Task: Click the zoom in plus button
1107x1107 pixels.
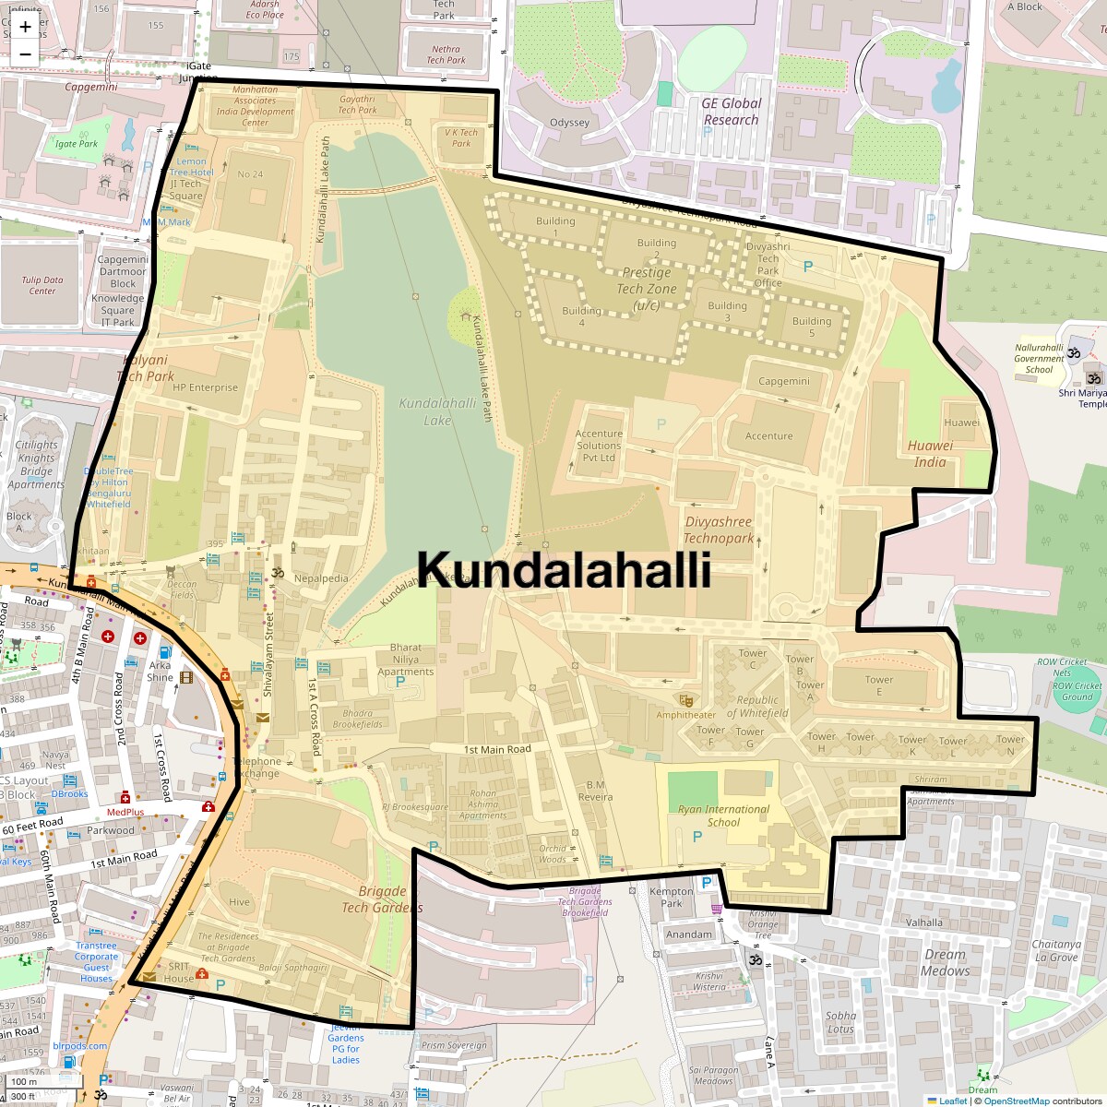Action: coord(25,27)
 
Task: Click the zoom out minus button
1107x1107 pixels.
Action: coord(25,54)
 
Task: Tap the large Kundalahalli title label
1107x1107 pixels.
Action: coord(564,569)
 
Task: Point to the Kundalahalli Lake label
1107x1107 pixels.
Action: coord(437,411)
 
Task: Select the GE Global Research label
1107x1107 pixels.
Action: coord(731,112)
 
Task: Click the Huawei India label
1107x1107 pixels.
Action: coord(930,453)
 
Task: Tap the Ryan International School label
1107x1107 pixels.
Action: coord(723,815)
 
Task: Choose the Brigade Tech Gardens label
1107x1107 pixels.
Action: coord(382,899)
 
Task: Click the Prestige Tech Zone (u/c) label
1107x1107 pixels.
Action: coord(647,289)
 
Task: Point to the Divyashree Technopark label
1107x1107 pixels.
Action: coord(719,530)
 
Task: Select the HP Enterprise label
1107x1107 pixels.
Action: coord(205,387)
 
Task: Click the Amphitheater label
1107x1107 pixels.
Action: coord(685,715)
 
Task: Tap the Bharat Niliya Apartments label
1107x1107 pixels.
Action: coord(405,660)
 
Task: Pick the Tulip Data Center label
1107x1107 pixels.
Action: coord(42,285)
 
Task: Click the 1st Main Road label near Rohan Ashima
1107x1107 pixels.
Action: coord(497,749)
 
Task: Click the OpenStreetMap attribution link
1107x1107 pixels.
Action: coord(1016,1101)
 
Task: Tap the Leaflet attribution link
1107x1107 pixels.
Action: coord(952,1101)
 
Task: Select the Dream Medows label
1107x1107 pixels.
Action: coord(946,962)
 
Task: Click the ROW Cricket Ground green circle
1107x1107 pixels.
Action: coord(1077,690)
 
